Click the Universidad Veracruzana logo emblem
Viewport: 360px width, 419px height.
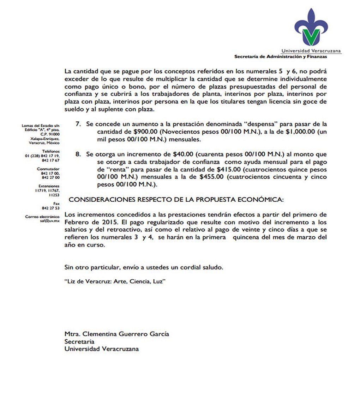pyautogui.click(x=311, y=28)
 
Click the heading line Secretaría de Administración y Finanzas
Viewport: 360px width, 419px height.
pyautogui.click(x=281, y=56)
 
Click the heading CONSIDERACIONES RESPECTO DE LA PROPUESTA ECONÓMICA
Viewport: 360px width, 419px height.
pyautogui.click(x=176, y=200)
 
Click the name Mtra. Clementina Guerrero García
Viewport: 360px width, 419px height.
pyautogui.click(x=116, y=334)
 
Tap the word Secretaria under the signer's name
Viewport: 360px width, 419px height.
pyautogui.click(x=79, y=341)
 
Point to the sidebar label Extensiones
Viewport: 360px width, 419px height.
pyautogui.click(x=49, y=186)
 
